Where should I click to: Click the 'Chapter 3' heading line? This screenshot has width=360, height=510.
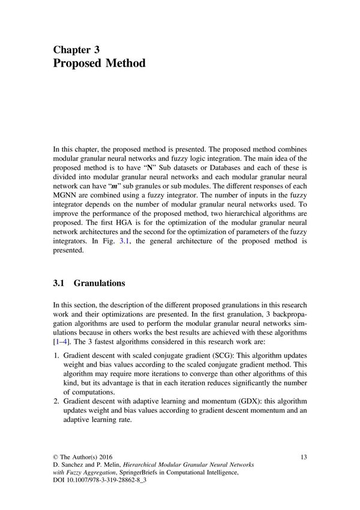(x=76, y=50)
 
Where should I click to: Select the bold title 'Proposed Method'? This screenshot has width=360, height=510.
(x=99, y=64)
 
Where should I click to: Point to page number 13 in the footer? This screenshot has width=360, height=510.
(x=304, y=457)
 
